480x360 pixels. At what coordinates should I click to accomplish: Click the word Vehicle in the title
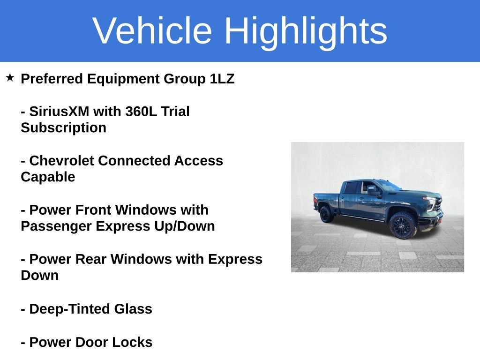coord(152,31)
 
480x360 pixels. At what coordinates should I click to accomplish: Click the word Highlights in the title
coord(306,31)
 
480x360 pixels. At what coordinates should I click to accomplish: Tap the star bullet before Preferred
coord(10,77)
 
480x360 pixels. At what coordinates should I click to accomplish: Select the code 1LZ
coord(222,79)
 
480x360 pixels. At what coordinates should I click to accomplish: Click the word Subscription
coord(63,128)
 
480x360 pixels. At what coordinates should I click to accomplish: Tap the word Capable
coord(48,177)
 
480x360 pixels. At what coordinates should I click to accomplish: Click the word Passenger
coord(56,226)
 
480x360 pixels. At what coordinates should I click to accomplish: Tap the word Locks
coord(134,343)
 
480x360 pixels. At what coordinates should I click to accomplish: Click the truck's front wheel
coord(402,225)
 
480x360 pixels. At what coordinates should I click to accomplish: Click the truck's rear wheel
coord(326,214)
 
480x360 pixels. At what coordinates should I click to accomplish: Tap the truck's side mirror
coord(373,191)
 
